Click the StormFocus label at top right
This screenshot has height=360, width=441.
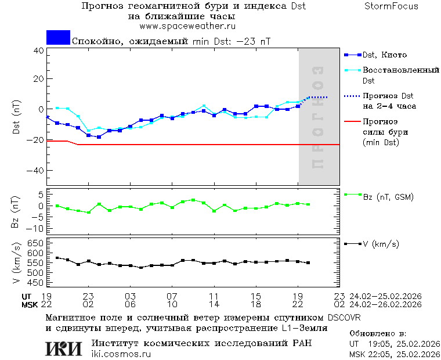(391, 6)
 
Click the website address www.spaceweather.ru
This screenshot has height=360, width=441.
(187, 26)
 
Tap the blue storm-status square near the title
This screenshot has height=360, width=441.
(58, 38)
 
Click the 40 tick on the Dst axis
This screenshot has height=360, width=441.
(39, 51)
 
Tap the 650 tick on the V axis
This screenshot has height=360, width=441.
(36, 243)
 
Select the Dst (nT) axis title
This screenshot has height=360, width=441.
(16, 118)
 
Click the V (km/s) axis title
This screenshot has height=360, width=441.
(16, 264)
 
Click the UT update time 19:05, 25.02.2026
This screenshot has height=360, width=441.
(395, 344)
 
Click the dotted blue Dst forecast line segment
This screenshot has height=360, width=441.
(317, 97)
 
